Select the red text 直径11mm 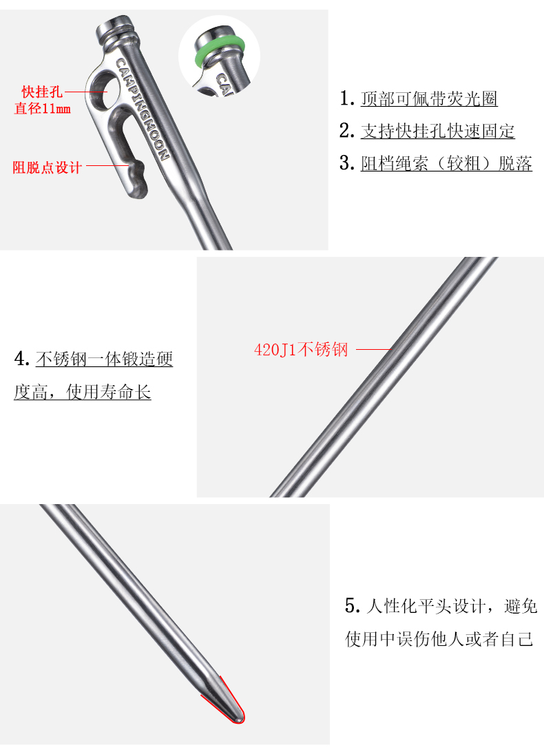coord(42,108)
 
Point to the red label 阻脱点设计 coord(48,167)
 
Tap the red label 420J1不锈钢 coord(301,350)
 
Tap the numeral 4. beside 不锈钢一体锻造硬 coord(21,359)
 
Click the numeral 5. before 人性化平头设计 coord(352,607)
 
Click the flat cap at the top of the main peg coord(111,30)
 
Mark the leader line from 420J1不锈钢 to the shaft coord(373,350)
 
